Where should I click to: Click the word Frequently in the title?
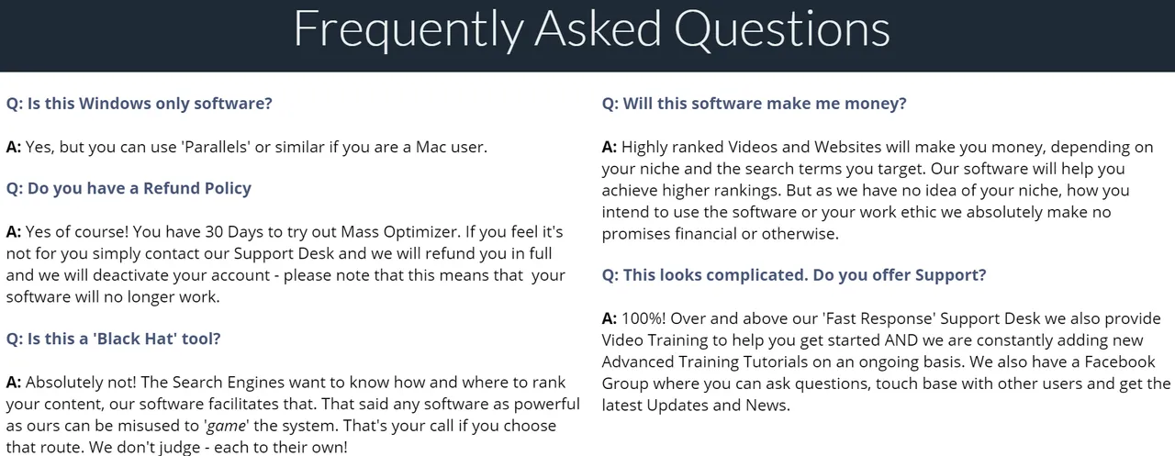click(x=408, y=30)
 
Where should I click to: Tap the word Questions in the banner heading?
click(x=781, y=28)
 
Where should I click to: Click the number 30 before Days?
click(x=214, y=231)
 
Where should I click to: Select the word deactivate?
click(x=130, y=275)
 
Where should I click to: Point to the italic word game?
click(x=227, y=427)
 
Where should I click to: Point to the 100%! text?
click(x=643, y=318)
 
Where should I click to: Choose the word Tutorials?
click(x=771, y=361)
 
